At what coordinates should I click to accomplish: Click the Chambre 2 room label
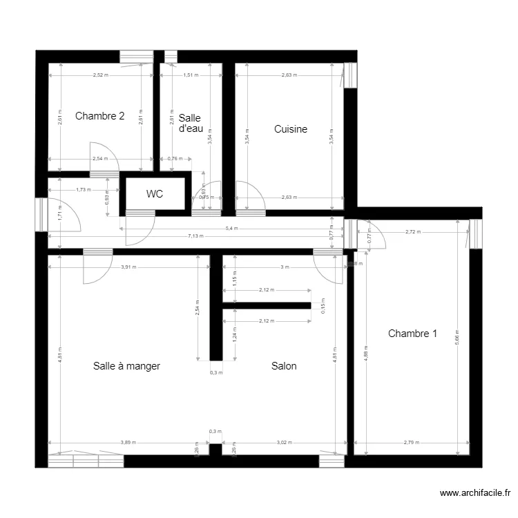click(99, 116)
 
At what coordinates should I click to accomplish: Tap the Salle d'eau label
click(190, 123)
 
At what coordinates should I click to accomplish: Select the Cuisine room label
click(290, 129)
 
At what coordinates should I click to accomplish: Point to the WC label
click(155, 194)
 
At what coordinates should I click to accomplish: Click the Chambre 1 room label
click(412, 334)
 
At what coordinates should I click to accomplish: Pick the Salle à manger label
click(126, 366)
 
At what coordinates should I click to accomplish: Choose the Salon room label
click(284, 366)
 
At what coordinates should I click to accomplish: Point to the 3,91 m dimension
click(128, 267)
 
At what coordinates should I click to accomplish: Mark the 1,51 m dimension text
click(191, 75)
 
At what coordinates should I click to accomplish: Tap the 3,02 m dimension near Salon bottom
click(284, 443)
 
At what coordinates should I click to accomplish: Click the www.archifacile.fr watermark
click(475, 493)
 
